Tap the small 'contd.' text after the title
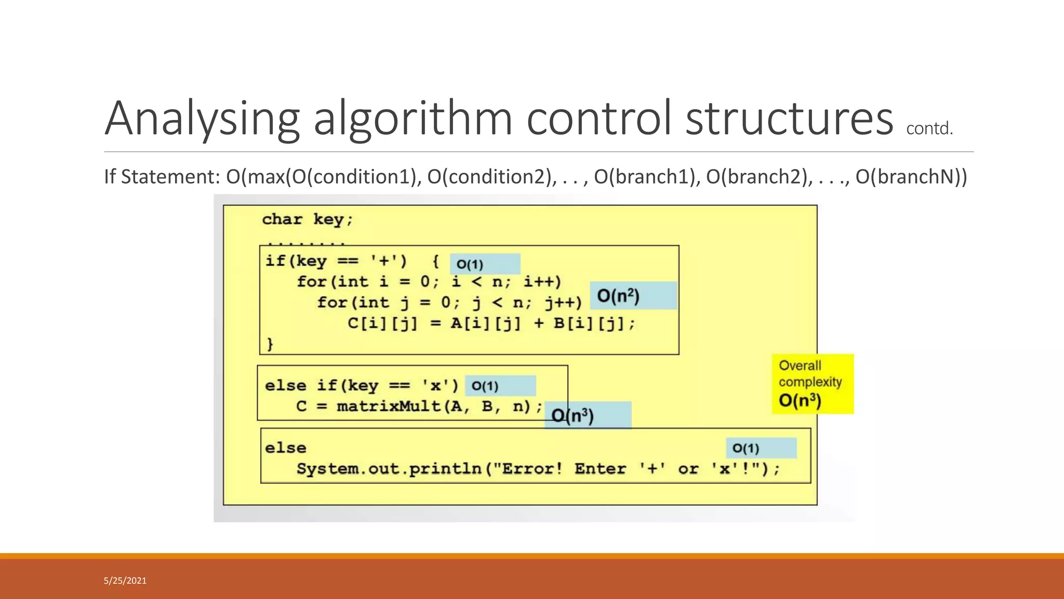tap(929, 128)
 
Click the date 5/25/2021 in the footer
tap(125, 581)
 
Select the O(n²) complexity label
tap(618, 296)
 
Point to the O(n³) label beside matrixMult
tap(573, 415)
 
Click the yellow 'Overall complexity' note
tap(813, 384)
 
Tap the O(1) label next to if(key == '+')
tap(470, 264)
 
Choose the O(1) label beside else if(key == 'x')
tap(485, 386)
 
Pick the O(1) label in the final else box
tap(746, 448)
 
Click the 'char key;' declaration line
tap(307, 219)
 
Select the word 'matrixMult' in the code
tap(389, 406)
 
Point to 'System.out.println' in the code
tap(389, 469)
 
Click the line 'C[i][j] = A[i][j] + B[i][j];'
tap(491, 323)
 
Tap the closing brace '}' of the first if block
tap(270, 344)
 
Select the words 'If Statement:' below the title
tap(162, 177)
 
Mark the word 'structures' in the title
tap(789, 119)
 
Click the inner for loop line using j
tap(449, 303)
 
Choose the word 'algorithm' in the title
tap(413, 119)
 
